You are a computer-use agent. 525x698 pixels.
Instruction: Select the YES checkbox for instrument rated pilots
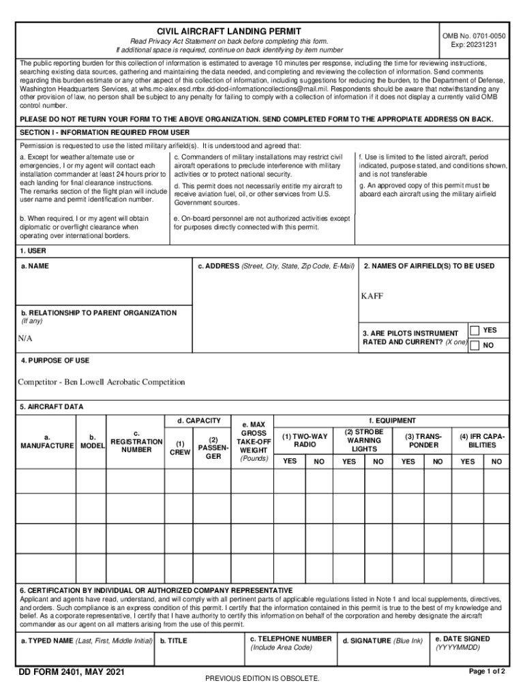pos(475,331)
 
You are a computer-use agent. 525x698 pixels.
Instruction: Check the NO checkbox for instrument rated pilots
pos(475,346)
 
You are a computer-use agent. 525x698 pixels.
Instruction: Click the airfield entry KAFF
pos(372,297)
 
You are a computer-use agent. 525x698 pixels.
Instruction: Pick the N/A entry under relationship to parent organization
pos(25,339)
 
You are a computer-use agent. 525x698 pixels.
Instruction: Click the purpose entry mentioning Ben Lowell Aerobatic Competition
pos(101,382)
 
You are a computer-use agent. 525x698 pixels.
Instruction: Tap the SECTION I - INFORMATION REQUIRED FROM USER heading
pos(105,132)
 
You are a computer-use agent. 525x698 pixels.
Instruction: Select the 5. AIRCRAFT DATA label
pos(52,407)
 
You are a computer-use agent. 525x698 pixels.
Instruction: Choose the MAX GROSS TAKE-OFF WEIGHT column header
pos(254,442)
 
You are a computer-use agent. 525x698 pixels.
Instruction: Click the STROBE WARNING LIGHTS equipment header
pos(364,440)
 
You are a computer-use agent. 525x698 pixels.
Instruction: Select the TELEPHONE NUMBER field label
pos(291,639)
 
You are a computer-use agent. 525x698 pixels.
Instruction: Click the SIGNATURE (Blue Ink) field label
pos(382,641)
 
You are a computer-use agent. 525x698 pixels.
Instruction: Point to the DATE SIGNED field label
pos(462,639)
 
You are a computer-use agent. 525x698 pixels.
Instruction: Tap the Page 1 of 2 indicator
pos(487,671)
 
